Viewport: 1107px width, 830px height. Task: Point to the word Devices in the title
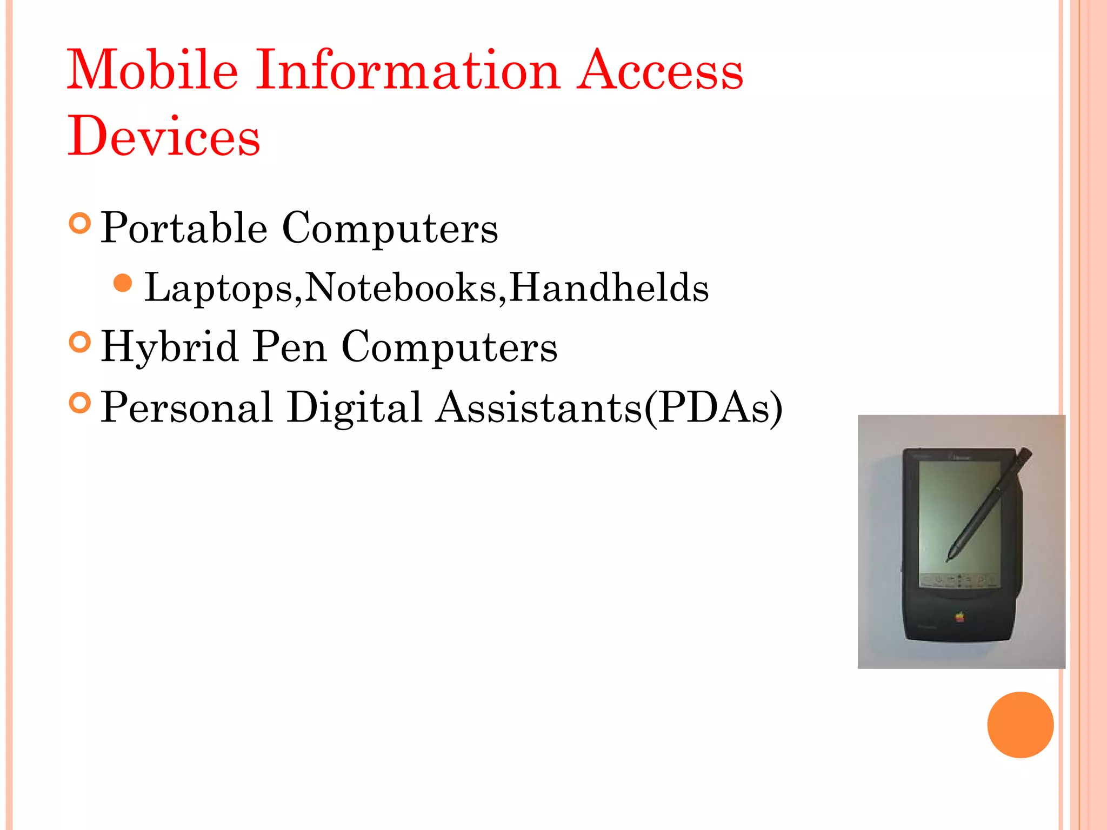[164, 136]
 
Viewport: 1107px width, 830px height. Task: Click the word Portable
[184, 229]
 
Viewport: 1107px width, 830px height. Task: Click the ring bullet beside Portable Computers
[80, 223]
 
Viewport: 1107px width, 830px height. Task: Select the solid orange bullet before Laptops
[123, 283]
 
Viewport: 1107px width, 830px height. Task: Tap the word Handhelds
[609, 287]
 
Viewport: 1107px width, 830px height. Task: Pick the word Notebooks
[401, 287]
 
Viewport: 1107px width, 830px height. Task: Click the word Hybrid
[170, 347]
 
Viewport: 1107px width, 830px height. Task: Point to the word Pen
[290, 347]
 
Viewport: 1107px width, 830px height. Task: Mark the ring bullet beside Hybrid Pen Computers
[80, 342]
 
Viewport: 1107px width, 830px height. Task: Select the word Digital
[354, 407]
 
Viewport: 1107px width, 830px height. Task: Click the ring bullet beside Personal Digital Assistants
[80, 403]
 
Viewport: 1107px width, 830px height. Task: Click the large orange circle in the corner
[1020, 725]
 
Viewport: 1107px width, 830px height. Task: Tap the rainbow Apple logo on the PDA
[959, 617]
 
